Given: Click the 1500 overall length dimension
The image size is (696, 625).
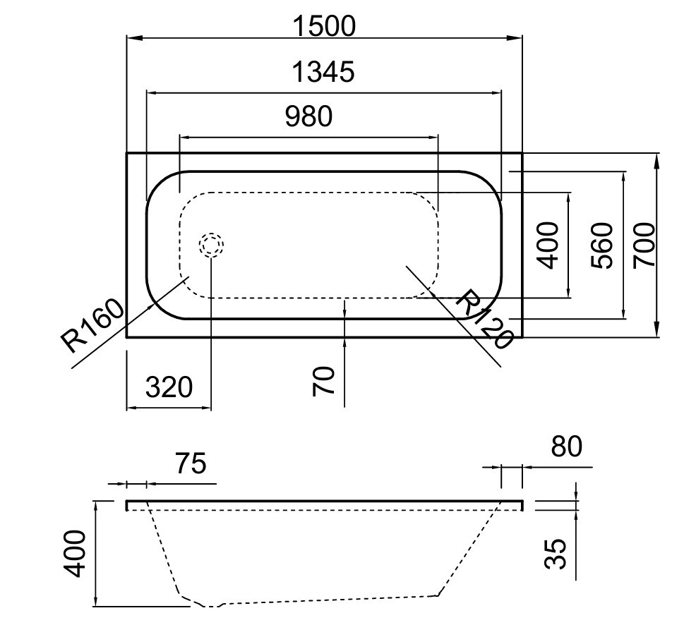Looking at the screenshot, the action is coord(325,26).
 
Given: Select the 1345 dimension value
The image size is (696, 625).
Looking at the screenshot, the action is coord(323,72).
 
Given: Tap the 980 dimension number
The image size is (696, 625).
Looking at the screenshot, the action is coord(308,116).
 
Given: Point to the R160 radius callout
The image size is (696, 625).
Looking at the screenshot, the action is coord(92,325).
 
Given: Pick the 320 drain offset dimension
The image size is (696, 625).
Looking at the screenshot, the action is coord(169,387).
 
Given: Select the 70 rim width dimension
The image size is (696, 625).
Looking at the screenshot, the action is coord(323,381).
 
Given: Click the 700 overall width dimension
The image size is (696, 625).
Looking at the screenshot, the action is coord(644,245).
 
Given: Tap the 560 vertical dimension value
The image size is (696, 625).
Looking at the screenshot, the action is coord(602,245).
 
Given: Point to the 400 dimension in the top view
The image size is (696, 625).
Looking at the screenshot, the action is coord(547,245).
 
